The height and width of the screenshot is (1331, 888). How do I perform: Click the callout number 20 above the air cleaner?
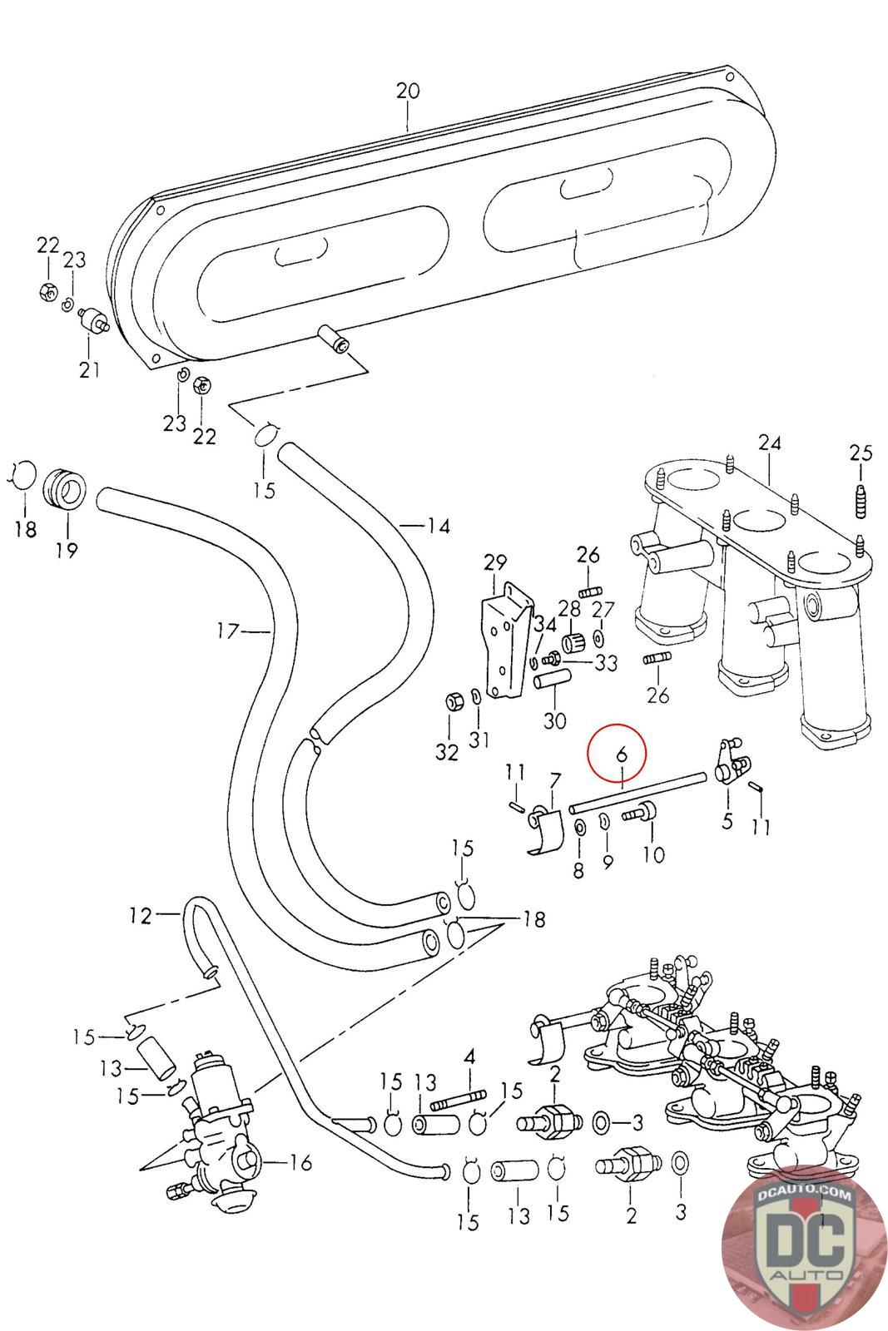tap(408, 91)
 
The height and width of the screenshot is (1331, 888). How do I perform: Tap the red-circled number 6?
tap(622, 754)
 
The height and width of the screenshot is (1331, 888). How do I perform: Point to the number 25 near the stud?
tap(861, 453)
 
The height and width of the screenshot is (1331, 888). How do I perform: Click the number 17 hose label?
tap(228, 631)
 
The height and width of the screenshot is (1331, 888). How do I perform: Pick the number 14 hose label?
tap(439, 526)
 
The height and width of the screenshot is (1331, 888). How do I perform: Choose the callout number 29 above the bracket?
tap(495, 562)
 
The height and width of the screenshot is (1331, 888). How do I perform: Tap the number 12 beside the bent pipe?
tap(141, 916)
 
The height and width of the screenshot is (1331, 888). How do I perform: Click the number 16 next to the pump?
tap(300, 1162)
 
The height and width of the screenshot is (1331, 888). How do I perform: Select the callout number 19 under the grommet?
tap(67, 550)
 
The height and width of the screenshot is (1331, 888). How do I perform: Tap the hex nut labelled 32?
tap(451, 702)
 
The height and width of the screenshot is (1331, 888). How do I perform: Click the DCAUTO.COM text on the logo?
tap(804, 1195)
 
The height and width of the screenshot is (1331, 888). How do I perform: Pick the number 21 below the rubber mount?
tap(90, 369)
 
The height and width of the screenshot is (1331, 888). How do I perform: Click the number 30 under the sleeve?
tap(554, 720)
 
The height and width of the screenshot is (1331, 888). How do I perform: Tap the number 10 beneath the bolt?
tap(653, 854)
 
